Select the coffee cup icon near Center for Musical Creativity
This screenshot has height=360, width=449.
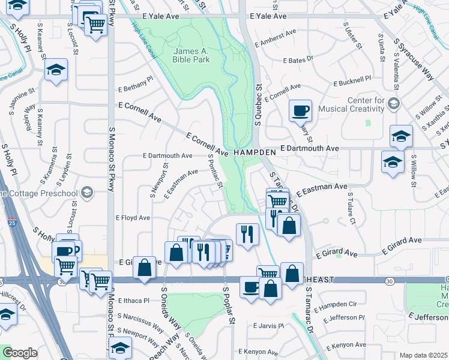[300, 110]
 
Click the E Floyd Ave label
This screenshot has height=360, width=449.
[133, 218]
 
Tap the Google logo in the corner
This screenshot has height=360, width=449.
[20, 352]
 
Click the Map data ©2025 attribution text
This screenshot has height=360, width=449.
[423, 355]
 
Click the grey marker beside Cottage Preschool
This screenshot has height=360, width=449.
[87, 193]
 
